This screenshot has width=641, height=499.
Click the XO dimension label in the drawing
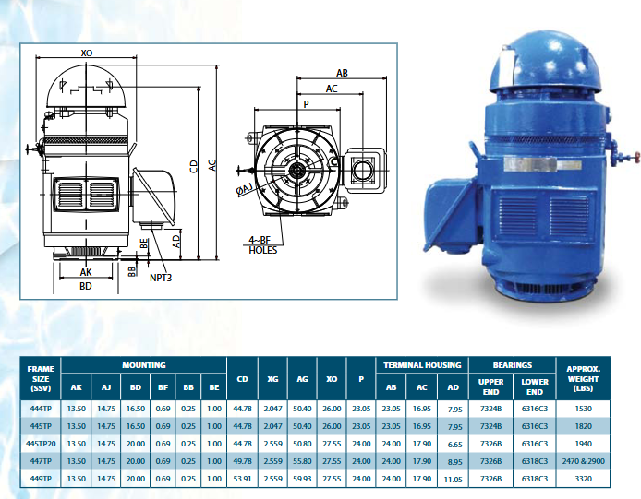click(x=87, y=53)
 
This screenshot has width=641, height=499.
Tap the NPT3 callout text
click(x=161, y=278)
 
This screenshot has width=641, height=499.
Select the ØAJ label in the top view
click(x=245, y=189)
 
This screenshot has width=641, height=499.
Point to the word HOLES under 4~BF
click(x=263, y=250)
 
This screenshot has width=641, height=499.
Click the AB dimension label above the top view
click(x=342, y=73)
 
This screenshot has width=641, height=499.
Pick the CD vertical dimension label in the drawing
click(x=194, y=167)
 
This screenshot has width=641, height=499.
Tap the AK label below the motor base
click(x=86, y=272)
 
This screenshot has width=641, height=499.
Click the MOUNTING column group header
click(x=144, y=365)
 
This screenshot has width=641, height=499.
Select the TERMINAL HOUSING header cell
click(x=422, y=365)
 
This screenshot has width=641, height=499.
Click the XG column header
click(x=272, y=379)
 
